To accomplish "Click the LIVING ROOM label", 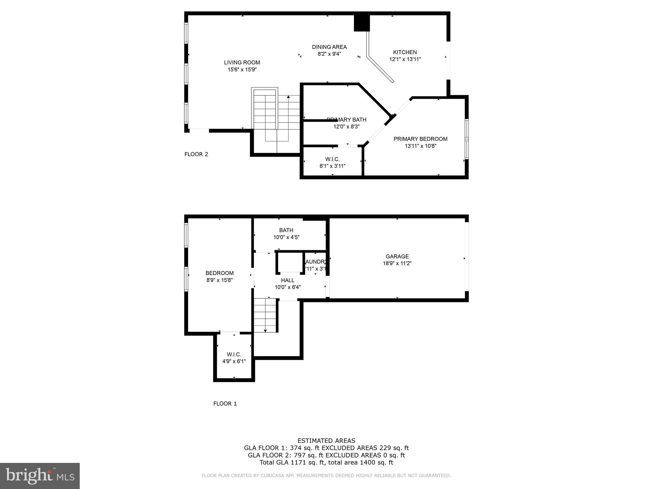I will tap(242, 62).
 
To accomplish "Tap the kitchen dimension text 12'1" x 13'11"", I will tap(405, 59).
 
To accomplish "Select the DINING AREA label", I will tap(329, 47).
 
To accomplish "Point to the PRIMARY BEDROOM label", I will tap(420, 139).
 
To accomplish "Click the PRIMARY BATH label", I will tap(346, 120).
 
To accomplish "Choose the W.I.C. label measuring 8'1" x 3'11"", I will tap(332, 159).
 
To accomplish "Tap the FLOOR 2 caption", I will tap(196, 154).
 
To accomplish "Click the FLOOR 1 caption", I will tap(225, 404).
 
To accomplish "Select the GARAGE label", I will tap(397, 256).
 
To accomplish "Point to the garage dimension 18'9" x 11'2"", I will tap(397, 264).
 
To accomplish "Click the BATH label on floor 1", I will tap(286, 230).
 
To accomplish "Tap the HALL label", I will tap(288, 280).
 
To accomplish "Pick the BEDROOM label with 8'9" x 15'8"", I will tap(219, 273).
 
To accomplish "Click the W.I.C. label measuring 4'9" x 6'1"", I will tap(234, 354).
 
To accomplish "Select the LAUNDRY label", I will tap(316, 262).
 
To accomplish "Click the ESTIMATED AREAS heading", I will tap(326, 441).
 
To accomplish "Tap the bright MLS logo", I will tap(40, 476).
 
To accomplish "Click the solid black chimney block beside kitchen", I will tap(362, 23).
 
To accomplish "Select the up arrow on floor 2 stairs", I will tap(288, 97).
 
